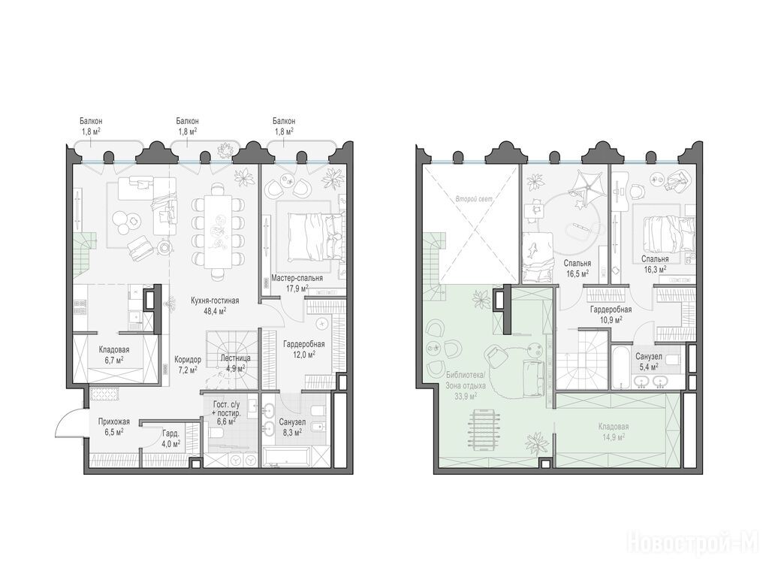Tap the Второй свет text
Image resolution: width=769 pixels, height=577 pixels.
click(473, 200)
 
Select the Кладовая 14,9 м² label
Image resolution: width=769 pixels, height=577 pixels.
click(613, 431)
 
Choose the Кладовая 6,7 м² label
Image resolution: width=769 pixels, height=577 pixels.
click(114, 355)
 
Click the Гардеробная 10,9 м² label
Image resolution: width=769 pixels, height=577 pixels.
click(611, 314)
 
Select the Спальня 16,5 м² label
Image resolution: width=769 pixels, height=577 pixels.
click(578, 268)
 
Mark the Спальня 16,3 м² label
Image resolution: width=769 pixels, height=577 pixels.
click(655, 264)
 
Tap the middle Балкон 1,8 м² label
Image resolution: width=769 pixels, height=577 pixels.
click(187, 125)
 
